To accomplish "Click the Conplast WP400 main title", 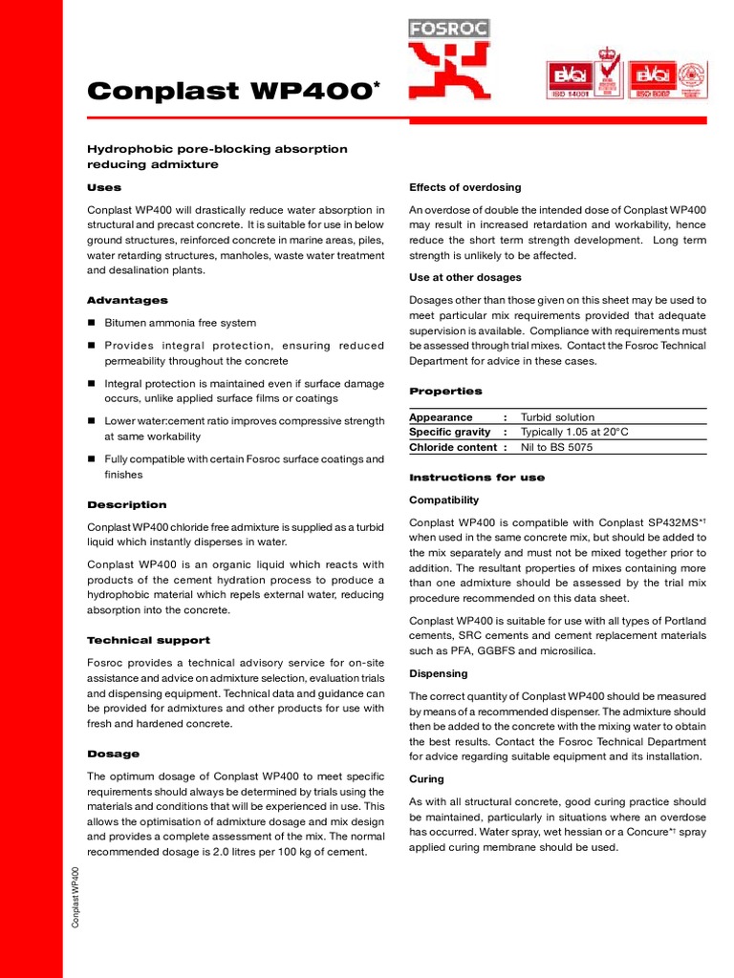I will [227, 91].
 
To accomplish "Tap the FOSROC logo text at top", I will [449, 29].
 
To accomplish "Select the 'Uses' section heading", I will [104, 188].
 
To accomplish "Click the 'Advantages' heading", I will [127, 301].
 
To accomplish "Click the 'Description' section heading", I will [126, 504].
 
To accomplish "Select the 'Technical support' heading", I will [148, 640].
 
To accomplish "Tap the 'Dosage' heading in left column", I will [113, 754].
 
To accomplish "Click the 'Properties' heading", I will [445, 392].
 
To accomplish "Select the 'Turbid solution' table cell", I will [556, 417].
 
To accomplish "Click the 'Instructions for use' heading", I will [476, 478].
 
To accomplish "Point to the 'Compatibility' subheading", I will [443, 500].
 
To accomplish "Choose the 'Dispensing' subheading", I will [438, 673].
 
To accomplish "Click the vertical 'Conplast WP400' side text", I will [76, 895].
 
